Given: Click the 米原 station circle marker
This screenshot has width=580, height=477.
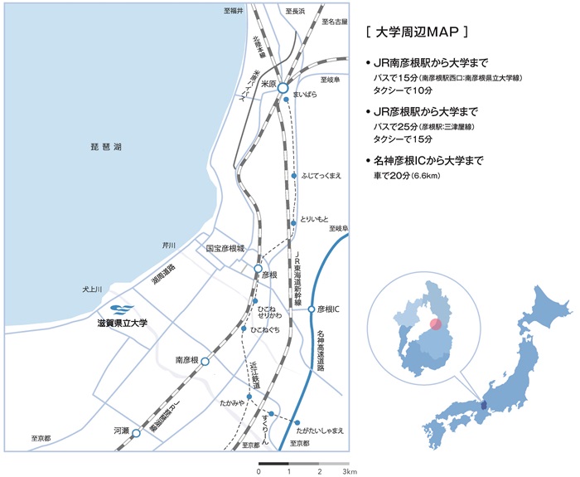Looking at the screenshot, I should click(282, 86).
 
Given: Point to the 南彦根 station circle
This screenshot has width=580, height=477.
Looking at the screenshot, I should click(205, 362).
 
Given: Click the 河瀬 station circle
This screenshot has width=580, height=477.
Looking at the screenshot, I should click(136, 432).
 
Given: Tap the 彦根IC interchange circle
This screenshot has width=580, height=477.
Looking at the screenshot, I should click(312, 309).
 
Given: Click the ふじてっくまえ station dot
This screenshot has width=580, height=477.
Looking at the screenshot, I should click(294, 176).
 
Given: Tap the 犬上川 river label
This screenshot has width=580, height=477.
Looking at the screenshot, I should click(91, 290).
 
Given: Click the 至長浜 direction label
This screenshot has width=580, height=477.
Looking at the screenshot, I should click(295, 12).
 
